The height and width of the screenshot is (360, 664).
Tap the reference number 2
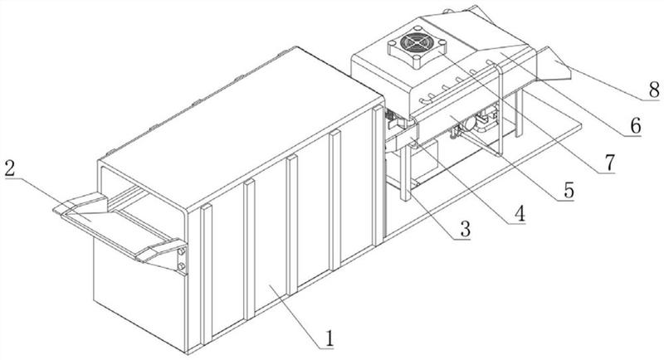point(9,168)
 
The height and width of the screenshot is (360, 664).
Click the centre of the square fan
point(413,45)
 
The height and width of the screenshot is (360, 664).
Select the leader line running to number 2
point(41,187)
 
